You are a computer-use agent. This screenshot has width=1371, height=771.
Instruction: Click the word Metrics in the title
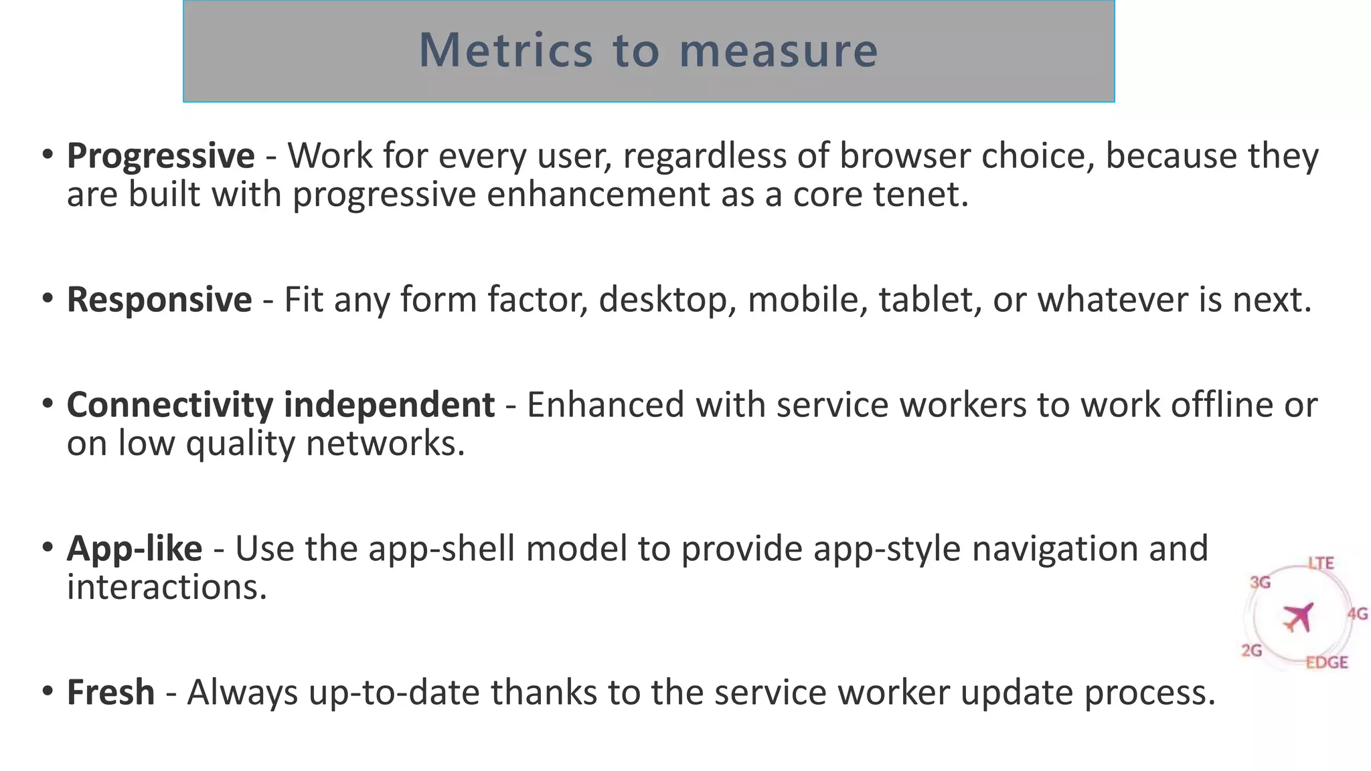pos(505,51)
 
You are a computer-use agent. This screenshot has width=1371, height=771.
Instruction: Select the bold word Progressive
pos(161,156)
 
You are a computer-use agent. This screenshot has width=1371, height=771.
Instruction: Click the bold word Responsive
pos(159,299)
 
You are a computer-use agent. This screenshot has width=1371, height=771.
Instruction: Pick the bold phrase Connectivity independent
pos(280,405)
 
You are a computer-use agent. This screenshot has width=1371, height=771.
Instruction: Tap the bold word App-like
pos(135,549)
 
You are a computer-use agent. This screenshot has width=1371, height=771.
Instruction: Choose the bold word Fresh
pos(111,692)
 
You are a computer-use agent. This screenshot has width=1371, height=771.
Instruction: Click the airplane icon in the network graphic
pos(1298,616)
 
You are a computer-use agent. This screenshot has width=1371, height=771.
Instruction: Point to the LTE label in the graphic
pos(1321,564)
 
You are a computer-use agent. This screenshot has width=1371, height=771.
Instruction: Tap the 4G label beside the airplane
pos(1357,614)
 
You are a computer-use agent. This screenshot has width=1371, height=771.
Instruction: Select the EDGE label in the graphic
pos(1326,663)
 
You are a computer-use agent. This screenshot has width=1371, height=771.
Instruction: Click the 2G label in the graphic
pos(1251,650)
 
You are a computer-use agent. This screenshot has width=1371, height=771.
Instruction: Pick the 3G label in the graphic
pos(1260,582)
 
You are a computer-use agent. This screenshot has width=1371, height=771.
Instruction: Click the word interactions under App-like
pos(167,588)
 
